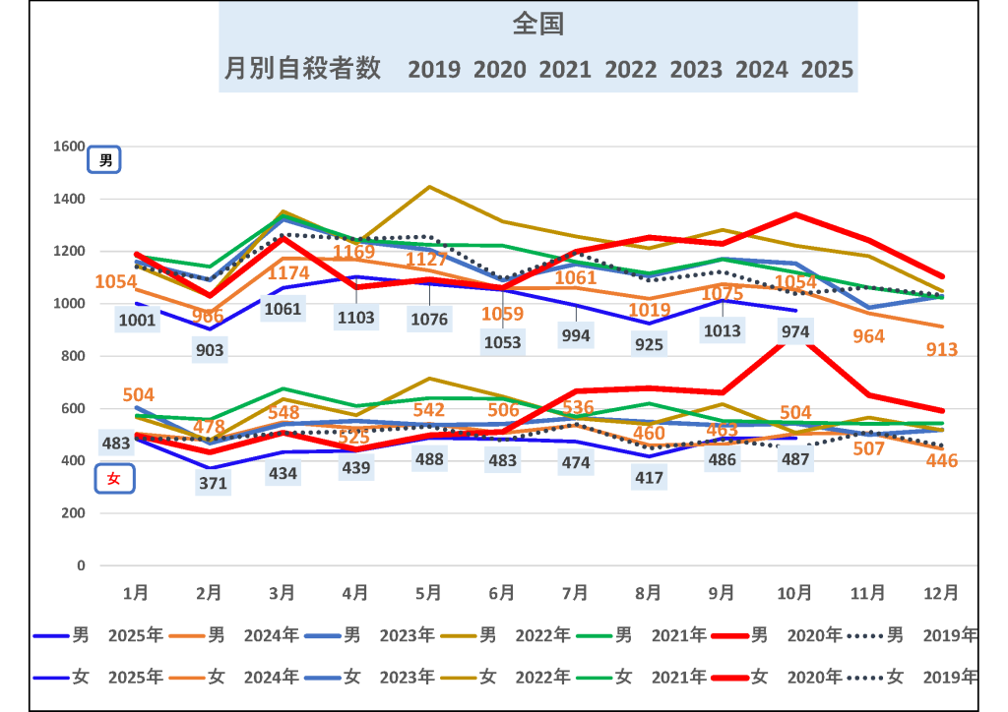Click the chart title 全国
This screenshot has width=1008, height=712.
[537, 26]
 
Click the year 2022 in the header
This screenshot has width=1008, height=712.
[631, 70]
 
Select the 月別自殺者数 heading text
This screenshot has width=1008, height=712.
[302, 69]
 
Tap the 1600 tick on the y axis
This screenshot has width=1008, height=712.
[70, 147]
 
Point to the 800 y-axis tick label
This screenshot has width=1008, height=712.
[74, 356]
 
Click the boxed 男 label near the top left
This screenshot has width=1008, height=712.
[105, 160]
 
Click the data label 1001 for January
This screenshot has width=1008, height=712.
[138, 320]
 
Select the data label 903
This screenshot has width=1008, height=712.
[210, 350]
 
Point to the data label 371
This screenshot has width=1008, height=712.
[213, 484]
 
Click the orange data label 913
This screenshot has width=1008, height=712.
[941, 349]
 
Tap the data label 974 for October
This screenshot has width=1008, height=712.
[794, 332]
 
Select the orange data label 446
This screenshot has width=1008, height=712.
[941, 460]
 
